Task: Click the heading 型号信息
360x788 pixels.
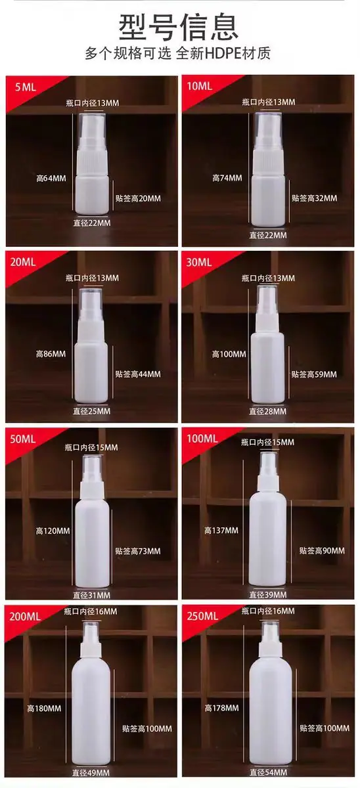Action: tap(179, 28)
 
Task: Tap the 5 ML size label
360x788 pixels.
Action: tap(26, 87)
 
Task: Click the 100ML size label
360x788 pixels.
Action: tap(202, 439)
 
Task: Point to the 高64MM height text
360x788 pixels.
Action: tap(51, 179)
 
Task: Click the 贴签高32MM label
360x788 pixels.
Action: tap(314, 198)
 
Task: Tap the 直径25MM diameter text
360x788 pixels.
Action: tap(91, 411)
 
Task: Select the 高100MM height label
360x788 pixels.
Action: tap(229, 354)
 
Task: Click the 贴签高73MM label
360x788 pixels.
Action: tap(138, 551)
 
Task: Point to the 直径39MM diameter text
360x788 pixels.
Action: tap(268, 595)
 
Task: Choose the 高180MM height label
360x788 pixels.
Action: tap(44, 708)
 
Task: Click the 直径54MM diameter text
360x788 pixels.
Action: tap(269, 782)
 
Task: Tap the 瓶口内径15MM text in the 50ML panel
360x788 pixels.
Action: tap(91, 447)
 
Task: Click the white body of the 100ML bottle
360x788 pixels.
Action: tap(267, 540)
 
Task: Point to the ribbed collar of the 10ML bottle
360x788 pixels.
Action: tap(268, 162)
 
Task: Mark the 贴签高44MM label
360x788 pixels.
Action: tap(138, 374)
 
